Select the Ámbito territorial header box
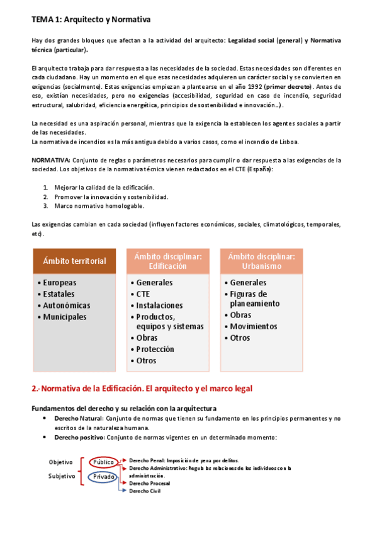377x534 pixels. click(74, 261)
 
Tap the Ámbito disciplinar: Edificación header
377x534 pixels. click(168, 261)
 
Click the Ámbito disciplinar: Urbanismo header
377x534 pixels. click(261, 261)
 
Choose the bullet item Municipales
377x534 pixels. click(64, 317)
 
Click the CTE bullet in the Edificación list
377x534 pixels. click(143, 294)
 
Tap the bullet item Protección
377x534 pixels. click(155, 349)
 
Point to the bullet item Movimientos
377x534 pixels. click(253, 326)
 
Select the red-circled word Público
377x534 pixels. click(103, 462)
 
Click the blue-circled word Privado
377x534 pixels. click(103, 477)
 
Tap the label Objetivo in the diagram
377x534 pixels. click(61, 462)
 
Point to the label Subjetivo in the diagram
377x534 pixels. click(62, 476)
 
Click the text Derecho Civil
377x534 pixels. click(145, 491)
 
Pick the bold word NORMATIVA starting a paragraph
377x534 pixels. click(50, 161)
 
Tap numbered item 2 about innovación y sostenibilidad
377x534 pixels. click(111, 196)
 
